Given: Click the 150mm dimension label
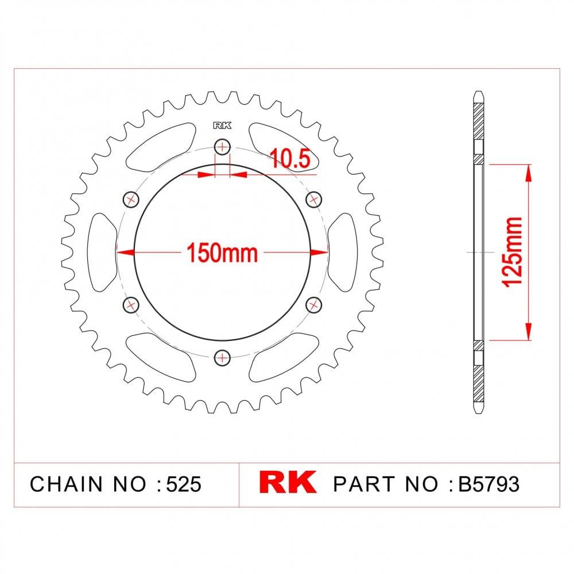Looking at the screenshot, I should click(x=222, y=252).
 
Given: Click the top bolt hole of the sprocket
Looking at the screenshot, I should click(x=222, y=147).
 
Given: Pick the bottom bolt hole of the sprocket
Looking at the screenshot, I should click(x=222, y=358).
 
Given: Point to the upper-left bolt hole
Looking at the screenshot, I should click(x=131, y=199).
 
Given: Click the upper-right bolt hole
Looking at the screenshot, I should click(x=313, y=199).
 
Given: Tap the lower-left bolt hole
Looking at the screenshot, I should click(x=131, y=304).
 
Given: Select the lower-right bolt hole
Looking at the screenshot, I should click(x=313, y=304).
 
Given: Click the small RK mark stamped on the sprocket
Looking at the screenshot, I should click(x=222, y=126).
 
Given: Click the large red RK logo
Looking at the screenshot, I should click(x=288, y=483).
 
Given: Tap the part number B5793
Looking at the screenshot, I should click(x=488, y=484).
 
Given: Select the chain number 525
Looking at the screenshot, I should click(x=183, y=484).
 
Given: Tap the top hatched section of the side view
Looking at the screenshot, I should click(x=479, y=123).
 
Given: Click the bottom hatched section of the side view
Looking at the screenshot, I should click(x=479, y=379).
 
